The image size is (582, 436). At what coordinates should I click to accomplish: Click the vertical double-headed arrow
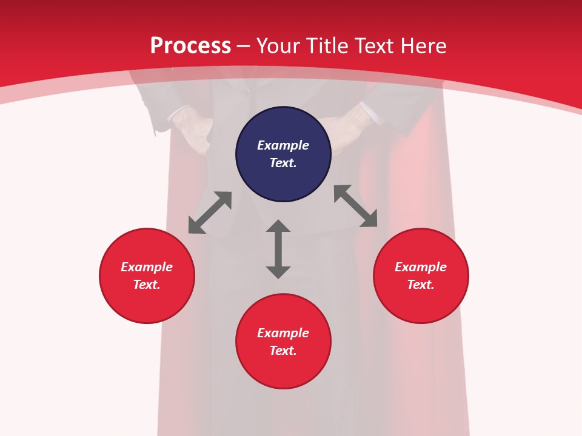tap(278, 249)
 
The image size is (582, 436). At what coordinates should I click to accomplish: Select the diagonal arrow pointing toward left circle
tap(210, 213)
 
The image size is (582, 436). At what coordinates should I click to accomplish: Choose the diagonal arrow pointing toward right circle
tap(356, 206)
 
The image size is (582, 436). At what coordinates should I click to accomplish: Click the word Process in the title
tap(190, 46)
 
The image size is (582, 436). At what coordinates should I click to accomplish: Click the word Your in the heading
tap(278, 46)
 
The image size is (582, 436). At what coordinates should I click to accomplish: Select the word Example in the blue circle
tap(283, 145)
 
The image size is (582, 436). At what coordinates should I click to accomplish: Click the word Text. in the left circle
tap(147, 285)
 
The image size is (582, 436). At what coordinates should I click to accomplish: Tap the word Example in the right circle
tap(421, 267)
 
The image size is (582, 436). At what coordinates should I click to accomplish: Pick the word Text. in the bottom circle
tap(283, 351)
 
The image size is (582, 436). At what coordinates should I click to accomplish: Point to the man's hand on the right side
tap(343, 130)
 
